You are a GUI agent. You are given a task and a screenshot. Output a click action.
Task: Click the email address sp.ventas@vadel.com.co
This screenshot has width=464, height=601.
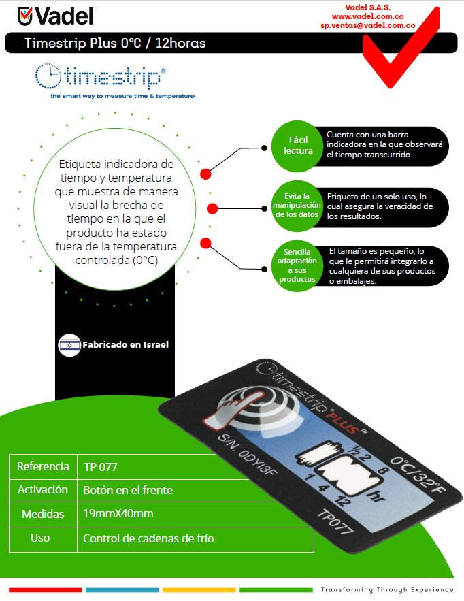[x=367, y=25]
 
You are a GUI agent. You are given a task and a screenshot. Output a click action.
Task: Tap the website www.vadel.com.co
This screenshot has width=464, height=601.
[x=367, y=16]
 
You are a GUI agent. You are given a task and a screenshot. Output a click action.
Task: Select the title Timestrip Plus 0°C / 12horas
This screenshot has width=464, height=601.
[x=115, y=44]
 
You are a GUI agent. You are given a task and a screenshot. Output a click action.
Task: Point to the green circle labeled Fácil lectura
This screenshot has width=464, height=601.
[x=299, y=145]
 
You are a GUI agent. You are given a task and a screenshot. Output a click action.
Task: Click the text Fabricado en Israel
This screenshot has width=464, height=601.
[x=125, y=345]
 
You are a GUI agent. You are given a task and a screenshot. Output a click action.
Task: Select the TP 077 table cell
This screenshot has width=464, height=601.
[x=100, y=467]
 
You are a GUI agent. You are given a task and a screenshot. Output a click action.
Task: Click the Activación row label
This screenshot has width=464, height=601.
[x=43, y=490]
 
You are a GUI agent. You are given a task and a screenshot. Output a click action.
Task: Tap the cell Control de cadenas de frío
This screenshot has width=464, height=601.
[x=148, y=538]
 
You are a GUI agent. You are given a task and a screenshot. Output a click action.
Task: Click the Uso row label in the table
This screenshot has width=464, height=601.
[x=40, y=538]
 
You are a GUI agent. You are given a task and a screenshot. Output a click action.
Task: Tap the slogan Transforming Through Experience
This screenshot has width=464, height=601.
[x=387, y=589]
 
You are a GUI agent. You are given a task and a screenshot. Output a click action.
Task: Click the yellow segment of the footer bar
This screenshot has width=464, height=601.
[x=199, y=589]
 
